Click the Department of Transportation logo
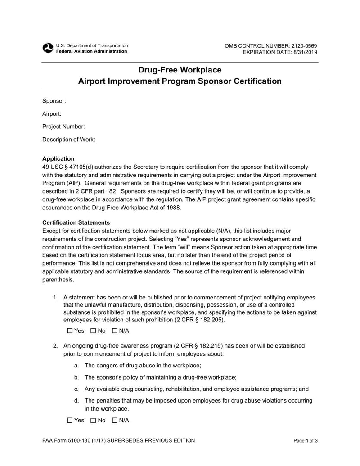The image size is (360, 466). [47, 48]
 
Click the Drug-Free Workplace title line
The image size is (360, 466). [180, 70]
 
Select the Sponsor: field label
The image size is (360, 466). [54, 101]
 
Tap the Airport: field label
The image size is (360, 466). [52, 114]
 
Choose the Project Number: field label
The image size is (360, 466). [63, 127]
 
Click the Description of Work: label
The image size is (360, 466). [68, 140]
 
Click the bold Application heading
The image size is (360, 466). [58, 158]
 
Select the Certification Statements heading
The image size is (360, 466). [76, 222]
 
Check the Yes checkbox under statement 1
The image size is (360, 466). [70, 331]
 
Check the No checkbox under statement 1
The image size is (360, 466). [93, 331]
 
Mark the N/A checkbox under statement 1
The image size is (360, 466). [115, 331]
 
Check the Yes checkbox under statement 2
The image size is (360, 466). [70, 421]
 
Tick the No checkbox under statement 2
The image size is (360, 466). [93, 421]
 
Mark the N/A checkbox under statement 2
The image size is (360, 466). [115, 421]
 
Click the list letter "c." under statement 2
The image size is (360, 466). [76, 389]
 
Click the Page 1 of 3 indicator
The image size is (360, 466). [306, 441]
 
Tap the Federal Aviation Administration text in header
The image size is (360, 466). [91, 51]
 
